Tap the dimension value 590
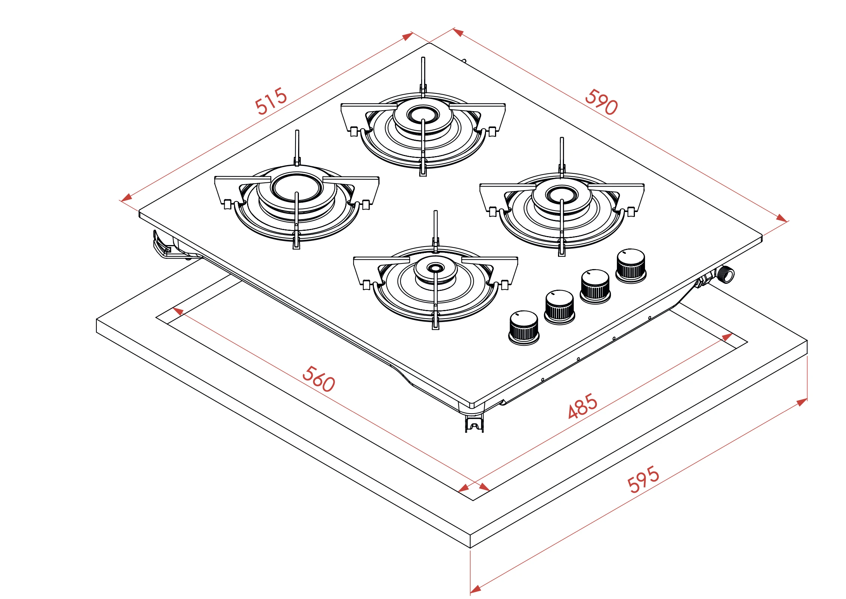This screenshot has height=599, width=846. tap(601, 102)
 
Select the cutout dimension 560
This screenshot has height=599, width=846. tap(318, 379)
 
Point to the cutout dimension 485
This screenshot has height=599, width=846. tap(582, 406)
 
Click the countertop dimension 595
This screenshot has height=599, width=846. tap(643, 479)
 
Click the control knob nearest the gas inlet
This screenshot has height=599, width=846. tap(631, 266)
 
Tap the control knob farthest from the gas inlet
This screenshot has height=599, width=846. tap(524, 328)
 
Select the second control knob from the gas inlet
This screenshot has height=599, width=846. tap(595, 286)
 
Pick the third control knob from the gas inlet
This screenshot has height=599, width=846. tap(559, 307)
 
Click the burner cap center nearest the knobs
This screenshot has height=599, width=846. tap(435, 268)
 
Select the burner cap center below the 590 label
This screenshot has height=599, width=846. tap(561, 194)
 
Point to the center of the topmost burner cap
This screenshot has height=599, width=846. tap(423, 114)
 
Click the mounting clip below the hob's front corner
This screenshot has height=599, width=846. tap(474, 423)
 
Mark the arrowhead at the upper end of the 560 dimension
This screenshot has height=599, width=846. tap(178, 311)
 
